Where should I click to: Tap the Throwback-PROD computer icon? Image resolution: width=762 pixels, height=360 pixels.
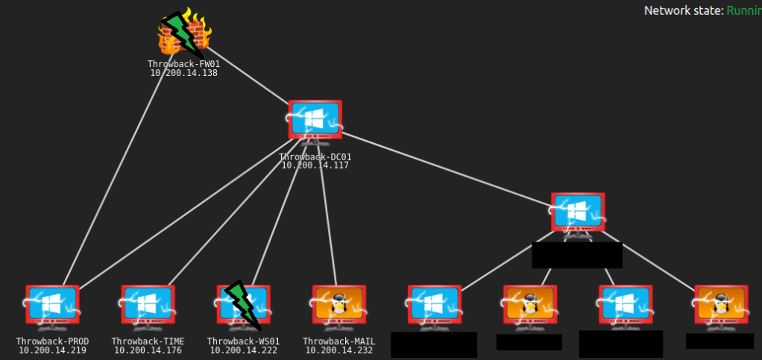(52, 305)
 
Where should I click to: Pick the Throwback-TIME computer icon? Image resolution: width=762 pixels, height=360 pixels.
(148, 305)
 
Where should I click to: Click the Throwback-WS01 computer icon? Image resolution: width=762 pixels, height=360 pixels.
(243, 305)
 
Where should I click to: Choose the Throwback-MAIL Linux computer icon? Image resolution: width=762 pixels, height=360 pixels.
(339, 305)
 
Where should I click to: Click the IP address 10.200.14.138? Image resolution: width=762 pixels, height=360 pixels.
(183, 73)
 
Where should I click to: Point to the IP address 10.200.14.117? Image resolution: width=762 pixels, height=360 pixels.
(315, 165)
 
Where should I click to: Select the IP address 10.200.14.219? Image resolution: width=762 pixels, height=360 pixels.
(52, 350)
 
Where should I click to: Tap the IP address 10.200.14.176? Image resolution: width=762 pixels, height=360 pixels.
(148, 350)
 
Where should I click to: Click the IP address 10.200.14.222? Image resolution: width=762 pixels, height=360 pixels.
(243, 350)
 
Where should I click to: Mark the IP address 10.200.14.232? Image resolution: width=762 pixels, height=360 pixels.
(339, 350)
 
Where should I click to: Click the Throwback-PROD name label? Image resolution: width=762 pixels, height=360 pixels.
(52, 341)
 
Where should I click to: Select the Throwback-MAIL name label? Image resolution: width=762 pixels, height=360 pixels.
(339, 341)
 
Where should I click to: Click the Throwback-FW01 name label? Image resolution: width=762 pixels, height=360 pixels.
(183, 65)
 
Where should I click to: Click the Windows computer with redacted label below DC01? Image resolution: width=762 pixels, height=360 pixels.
(577, 213)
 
